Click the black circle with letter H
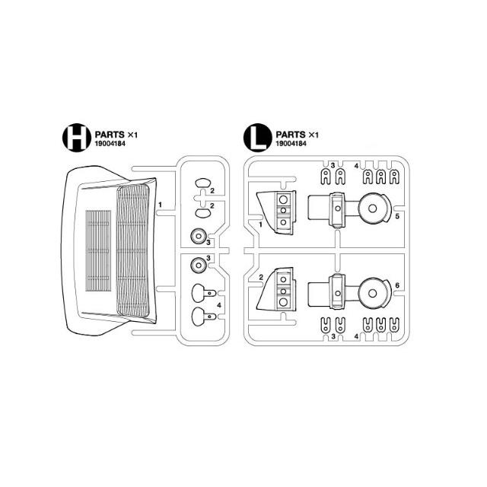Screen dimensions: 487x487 (77, 138)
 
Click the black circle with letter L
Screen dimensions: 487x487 (258, 138)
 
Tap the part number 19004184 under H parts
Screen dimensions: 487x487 (110, 144)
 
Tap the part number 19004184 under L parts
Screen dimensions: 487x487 (291, 144)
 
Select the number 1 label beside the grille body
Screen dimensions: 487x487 (160, 205)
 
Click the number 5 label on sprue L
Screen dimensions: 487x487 (397, 216)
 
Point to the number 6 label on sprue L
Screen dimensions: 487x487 (397, 285)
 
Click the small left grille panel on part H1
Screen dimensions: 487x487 (98, 250)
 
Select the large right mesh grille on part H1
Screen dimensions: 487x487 (133, 250)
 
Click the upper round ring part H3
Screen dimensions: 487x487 (198, 236)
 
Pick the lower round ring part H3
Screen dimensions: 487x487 (198, 266)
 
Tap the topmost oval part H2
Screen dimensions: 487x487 (203, 183)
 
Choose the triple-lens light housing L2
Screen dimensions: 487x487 (276, 290)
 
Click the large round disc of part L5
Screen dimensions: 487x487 (373, 208)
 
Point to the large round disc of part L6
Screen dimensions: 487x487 (373, 293)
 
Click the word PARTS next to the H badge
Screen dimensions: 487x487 (110, 135)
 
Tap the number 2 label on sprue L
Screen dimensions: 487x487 (261, 277)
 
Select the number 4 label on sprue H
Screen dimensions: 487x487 (219, 305)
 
